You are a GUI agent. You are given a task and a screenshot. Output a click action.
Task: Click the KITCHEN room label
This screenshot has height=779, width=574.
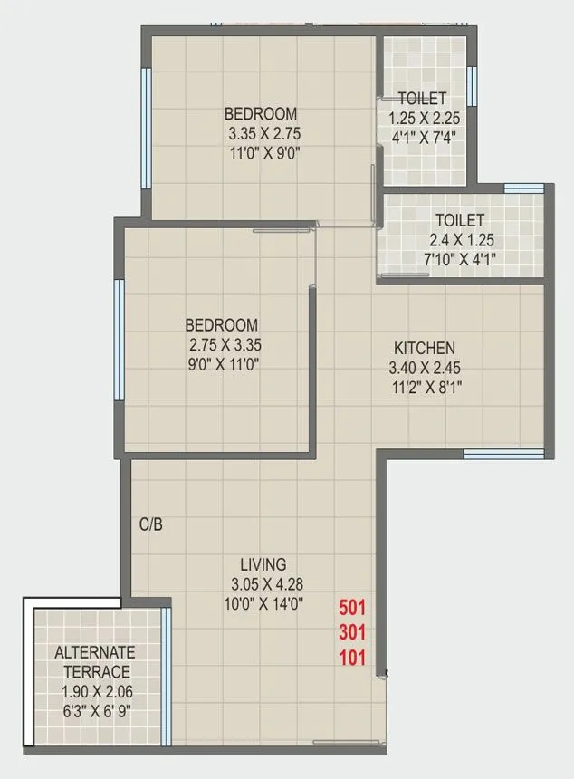point(424,348)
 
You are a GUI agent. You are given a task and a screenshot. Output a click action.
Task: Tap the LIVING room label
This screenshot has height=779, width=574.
point(263,563)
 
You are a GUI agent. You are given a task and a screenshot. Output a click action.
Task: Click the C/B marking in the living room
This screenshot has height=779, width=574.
point(150,524)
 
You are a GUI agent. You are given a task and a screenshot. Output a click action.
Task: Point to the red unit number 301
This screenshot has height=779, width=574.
point(352,632)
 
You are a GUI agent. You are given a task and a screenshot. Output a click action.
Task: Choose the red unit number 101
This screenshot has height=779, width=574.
point(352,659)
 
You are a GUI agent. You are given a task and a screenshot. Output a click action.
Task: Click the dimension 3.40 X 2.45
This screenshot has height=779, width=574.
point(424,369)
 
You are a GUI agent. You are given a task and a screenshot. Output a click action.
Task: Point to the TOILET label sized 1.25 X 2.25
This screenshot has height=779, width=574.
point(423,98)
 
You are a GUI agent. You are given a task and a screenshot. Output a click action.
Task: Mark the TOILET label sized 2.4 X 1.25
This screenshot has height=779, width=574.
point(459,220)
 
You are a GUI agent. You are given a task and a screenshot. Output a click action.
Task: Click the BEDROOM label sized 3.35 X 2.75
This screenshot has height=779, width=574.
point(261,113)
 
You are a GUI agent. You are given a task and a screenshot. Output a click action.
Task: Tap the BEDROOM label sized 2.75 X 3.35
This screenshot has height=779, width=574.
point(222,324)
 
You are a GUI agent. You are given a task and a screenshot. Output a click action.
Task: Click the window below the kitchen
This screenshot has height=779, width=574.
point(503,453)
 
